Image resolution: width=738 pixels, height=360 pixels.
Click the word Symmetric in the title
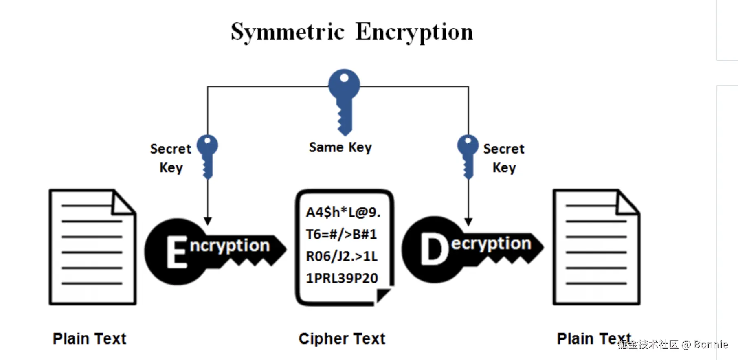click(288, 32)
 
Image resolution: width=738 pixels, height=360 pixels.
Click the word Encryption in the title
click(414, 32)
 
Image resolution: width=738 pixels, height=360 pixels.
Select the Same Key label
click(340, 147)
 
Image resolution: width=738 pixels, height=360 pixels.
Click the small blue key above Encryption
click(207, 155)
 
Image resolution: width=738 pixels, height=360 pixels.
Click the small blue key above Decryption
click(468, 155)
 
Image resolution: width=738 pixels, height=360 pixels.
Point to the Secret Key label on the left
click(171, 158)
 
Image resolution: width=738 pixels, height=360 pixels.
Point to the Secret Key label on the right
click(504, 158)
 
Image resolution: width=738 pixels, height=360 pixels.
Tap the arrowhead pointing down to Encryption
click(208, 221)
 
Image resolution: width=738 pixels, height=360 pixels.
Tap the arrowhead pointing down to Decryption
click(468, 222)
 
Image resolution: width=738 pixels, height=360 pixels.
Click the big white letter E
click(177, 252)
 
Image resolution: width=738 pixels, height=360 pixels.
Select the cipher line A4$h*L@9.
click(343, 212)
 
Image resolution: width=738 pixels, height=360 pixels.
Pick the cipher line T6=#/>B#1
click(341, 234)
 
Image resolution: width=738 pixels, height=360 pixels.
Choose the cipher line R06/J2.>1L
click(342, 256)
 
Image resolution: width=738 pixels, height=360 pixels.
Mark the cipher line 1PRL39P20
click(342, 278)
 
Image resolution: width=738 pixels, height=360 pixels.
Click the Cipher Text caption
click(342, 338)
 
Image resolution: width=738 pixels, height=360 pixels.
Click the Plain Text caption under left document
click(90, 338)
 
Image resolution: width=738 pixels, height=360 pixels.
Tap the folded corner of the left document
click(123, 204)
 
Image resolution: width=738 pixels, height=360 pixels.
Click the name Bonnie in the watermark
click(711, 345)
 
